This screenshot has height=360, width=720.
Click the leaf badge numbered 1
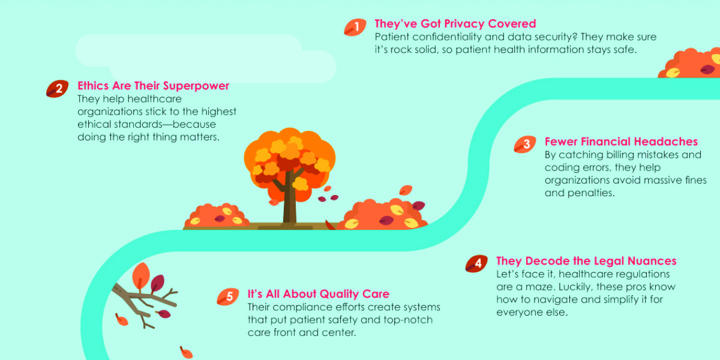[355, 27]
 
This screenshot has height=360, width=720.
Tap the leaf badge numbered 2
[57, 88]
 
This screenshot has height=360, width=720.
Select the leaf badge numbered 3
[524, 144]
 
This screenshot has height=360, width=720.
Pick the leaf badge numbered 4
[476, 263]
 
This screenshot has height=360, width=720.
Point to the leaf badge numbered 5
[227, 296]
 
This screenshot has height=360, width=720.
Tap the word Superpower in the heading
[196, 86]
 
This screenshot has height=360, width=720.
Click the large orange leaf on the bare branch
[141, 276]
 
